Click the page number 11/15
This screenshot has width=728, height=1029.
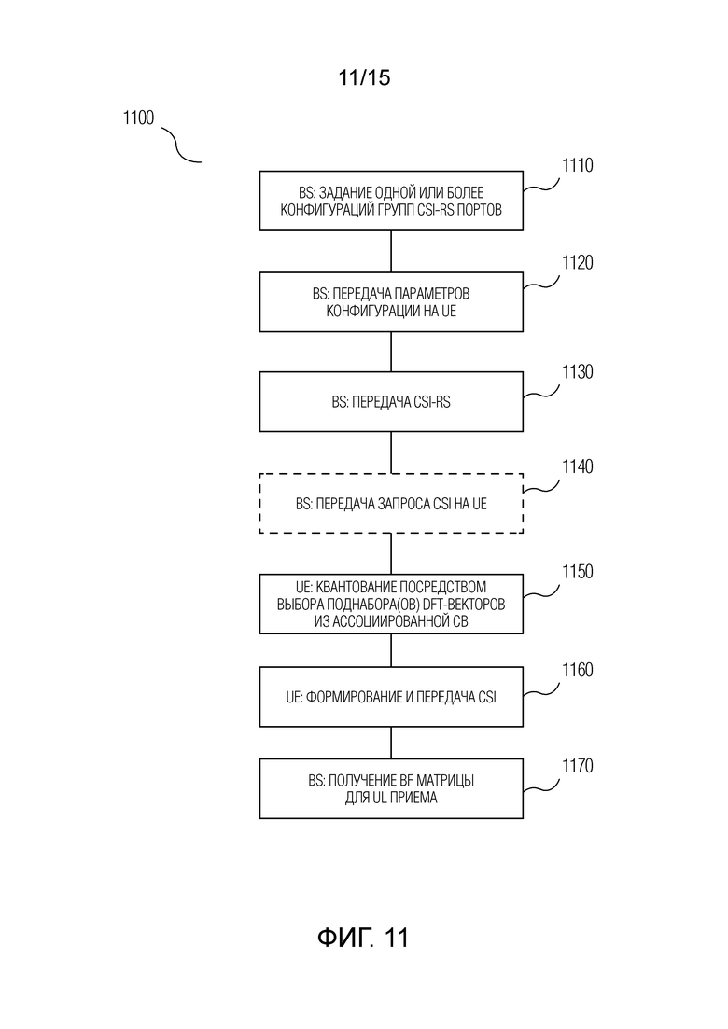364,77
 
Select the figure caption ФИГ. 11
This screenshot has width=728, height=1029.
363,938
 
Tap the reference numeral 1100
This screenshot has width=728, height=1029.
138,118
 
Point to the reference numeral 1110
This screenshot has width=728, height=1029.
577,165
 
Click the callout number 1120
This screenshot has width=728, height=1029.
577,262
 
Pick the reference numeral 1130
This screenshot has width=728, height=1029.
577,372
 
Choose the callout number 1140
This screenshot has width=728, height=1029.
577,466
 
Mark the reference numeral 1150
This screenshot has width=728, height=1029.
577,572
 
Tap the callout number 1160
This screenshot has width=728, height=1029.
577,670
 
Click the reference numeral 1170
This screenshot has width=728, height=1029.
577,766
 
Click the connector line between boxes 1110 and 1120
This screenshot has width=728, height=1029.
391,251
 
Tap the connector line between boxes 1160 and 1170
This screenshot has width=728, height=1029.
391,743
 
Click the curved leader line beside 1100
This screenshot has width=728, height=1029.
177,146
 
